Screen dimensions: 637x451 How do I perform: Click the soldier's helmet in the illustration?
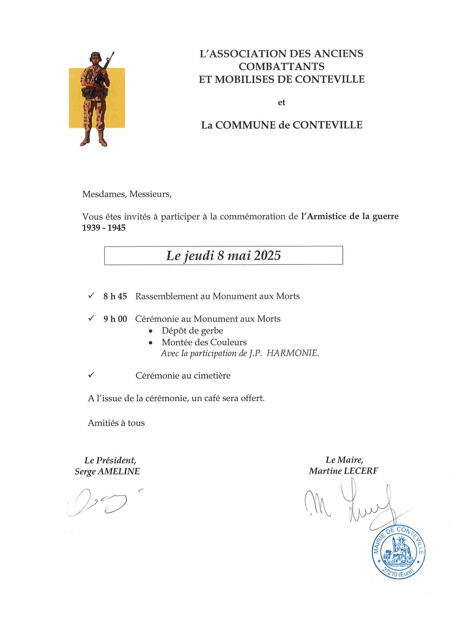click(96, 56)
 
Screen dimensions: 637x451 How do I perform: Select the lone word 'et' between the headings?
click(281, 102)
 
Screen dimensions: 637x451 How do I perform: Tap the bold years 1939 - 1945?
click(104, 228)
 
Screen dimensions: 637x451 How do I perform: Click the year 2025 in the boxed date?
click(267, 255)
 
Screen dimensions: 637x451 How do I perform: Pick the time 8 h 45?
click(115, 296)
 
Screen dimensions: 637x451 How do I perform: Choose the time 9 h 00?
click(115, 319)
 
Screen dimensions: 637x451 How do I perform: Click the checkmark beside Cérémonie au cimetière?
click(91, 375)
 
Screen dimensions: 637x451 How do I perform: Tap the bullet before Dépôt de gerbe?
click(151, 331)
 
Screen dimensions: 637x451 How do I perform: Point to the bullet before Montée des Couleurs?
click(151, 343)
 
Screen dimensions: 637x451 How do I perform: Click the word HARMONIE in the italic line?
click(293, 353)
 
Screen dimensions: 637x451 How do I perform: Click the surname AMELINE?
click(118, 471)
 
